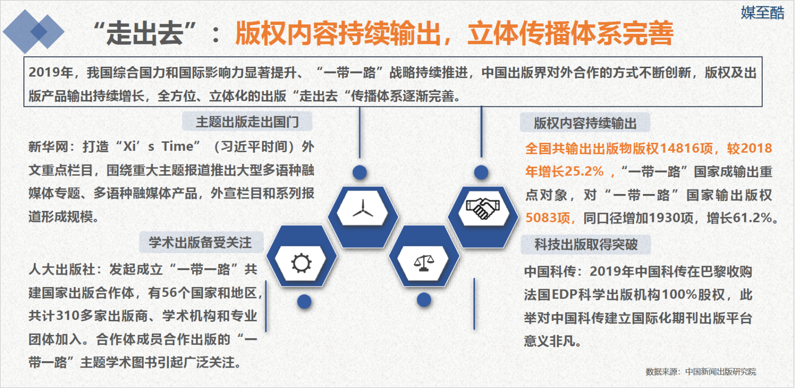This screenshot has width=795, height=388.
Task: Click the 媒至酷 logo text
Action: coord(762,13)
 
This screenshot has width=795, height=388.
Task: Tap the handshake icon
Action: coord(482,208)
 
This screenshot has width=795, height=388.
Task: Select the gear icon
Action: coord(301,263)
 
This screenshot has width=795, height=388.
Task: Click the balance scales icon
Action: coord(424,263)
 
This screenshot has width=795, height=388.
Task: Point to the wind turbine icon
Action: coord(363,208)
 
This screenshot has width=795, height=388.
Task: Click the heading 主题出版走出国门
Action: coord(247,122)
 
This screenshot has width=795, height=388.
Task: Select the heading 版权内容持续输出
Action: coord(585,123)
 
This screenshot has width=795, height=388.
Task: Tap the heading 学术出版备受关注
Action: coord(200,243)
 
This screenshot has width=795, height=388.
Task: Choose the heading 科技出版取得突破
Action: coord(586,244)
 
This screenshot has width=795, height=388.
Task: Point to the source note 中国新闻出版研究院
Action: coord(720,372)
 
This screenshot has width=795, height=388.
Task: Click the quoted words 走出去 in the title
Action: coord(145,33)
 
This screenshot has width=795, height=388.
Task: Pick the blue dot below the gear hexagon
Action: coord(304,301)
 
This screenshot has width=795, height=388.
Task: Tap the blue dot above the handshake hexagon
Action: coord(481,172)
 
